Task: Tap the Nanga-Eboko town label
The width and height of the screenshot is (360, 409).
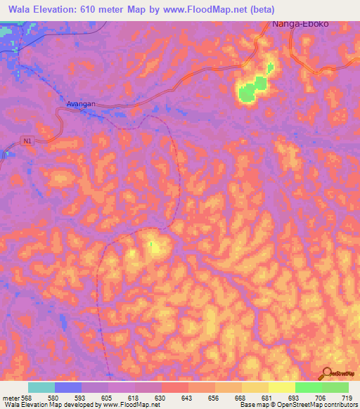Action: coord(300,24)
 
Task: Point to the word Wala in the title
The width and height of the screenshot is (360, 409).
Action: coord(21,10)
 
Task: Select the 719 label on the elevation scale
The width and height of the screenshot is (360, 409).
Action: coord(348,397)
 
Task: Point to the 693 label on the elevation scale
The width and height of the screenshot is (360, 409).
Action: coord(295,397)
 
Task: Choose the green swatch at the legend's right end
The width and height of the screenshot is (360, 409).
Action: coord(335,387)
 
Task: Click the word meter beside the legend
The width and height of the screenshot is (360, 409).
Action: coord(12,397)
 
